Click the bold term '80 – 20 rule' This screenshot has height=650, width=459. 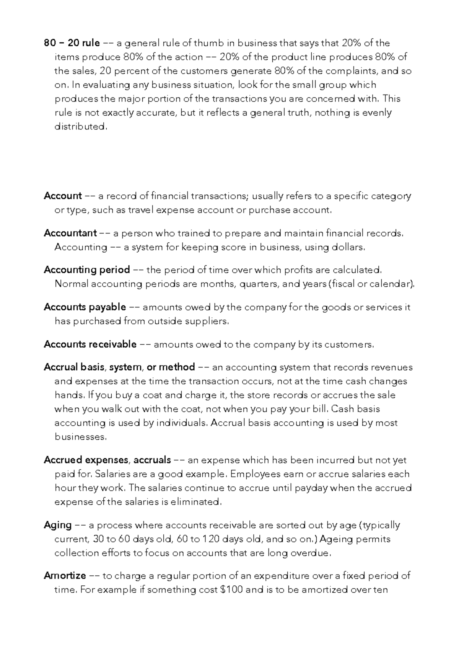pos(72,43)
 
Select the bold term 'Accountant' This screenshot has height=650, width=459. pos(70,233)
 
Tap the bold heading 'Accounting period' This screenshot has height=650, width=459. pos(87,270)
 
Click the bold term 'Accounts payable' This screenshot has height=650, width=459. pos(85,307)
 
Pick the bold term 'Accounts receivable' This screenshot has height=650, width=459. pos(90,344)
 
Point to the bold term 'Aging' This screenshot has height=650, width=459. pos(58,525)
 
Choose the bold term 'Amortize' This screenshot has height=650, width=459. pos(65,576)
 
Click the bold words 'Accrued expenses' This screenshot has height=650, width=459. pos(86,460)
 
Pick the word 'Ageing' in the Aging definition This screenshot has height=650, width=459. pos(336,539)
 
